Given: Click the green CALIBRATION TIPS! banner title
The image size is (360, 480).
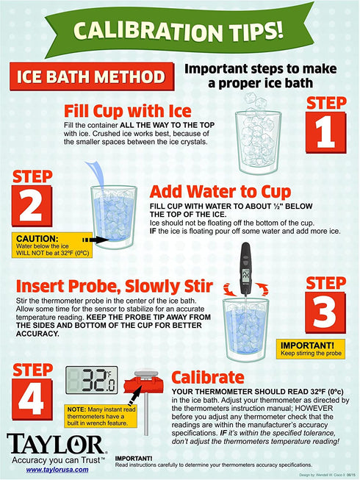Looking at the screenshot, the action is click(x=179, y=31).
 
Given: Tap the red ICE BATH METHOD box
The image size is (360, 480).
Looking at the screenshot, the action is click(x=92, y=76).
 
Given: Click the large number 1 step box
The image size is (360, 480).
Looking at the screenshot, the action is click(x=326, y=132).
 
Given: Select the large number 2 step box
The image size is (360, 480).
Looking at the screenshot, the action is click(x=32, y=206).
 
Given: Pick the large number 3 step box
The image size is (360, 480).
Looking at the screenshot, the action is click(x=325, y=312).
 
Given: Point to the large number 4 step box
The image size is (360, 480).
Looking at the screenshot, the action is click(x=32, y=399).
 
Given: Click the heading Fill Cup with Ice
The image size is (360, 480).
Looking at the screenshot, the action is click(x=128, y=111).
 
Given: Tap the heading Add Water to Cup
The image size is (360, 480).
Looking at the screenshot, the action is click(x=220, y=192).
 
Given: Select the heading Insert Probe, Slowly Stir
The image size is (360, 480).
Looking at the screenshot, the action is click(x=115, y=286).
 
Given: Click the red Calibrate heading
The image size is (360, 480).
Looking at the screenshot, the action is click(x=208, y=377).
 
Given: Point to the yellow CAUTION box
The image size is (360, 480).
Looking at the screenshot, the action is click(x=52, y=246).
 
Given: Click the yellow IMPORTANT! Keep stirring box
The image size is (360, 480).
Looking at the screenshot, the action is click(x=311, y=349).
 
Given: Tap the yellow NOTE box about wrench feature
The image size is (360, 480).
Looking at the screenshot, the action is click(x=101, y=416).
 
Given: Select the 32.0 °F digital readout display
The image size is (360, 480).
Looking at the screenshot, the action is click(x=91, y=380).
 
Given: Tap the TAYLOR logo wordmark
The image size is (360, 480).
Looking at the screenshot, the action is click(x=55, y=444).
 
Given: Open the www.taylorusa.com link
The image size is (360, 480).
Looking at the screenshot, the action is click(x=57, y=470).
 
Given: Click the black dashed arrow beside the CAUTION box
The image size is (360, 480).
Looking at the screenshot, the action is click(x=94, y=240).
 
